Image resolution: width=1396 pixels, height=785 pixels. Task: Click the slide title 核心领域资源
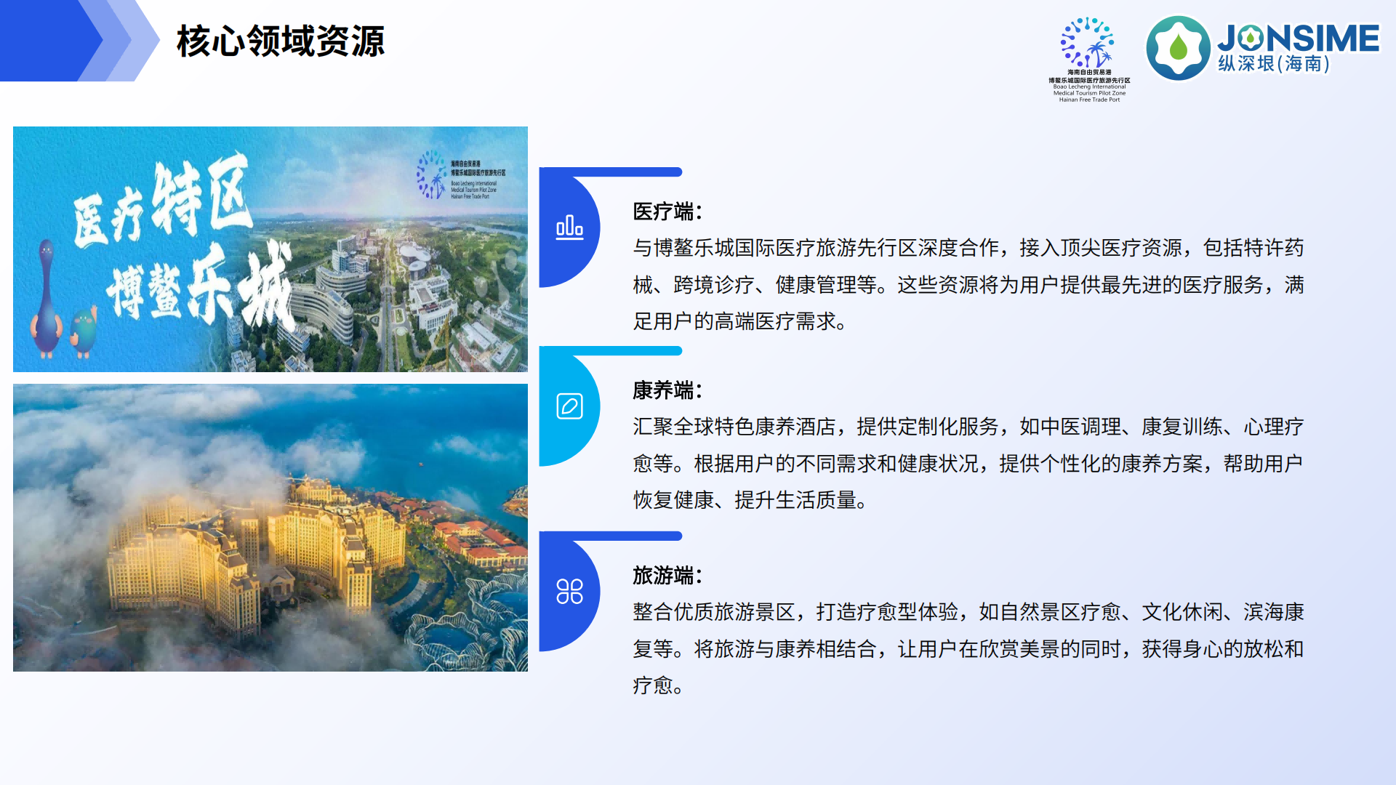281,41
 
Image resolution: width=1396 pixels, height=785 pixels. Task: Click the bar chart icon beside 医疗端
569,228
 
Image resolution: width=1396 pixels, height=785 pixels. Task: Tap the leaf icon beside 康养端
569,406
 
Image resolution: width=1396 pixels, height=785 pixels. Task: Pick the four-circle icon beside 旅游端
569,592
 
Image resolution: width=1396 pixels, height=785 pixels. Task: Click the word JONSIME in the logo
1299,38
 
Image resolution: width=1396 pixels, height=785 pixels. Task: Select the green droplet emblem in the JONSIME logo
1178,48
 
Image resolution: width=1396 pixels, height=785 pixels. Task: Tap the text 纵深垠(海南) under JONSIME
1274,64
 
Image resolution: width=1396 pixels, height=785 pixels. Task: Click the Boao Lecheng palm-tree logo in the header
1088,44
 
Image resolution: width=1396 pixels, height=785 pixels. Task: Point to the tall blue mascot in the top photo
46,298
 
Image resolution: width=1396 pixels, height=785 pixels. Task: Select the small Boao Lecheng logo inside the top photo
431,174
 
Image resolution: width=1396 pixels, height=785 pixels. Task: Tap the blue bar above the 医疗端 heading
625,172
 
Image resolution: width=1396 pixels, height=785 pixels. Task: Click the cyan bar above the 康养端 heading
625,351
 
